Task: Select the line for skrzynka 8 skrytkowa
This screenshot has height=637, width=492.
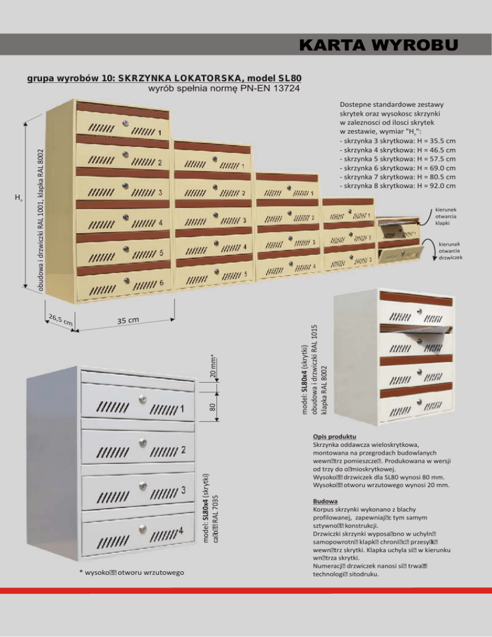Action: pyautogui.click(x=397, y=186)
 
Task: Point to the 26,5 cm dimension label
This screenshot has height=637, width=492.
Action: pyautogui.click(x=59, y=318)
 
